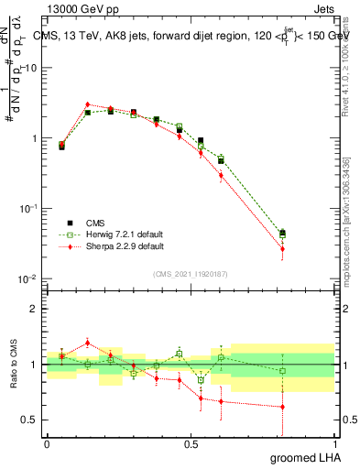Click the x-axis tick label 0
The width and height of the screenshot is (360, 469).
point(47,443)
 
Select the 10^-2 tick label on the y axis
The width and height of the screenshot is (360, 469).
point(28,278)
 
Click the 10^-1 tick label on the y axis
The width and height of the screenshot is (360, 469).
point(28,209)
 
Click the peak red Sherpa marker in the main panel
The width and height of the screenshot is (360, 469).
point(87,104)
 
